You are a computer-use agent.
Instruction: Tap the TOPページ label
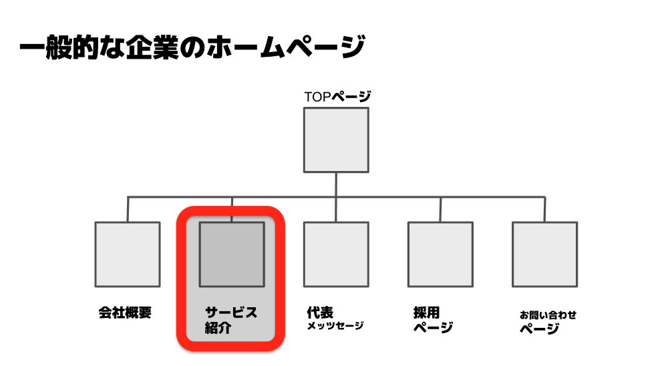[x=337, y=97]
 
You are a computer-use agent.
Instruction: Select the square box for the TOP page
[x=336, y=140]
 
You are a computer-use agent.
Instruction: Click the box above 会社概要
[x=128, y=254]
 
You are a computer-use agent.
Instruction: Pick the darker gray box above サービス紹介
[x=232, y=254]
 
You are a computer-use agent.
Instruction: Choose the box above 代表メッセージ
[x=336, y=254]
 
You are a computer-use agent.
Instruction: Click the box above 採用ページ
[x=440, y=254]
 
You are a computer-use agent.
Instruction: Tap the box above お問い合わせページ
[x=544, y=254]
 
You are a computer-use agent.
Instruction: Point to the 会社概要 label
[x=125, y=313]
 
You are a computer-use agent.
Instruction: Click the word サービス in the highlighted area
[x=231, y=313]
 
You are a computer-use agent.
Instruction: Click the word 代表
[x=320, y=313]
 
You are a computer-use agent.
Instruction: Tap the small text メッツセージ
[x=335, y=326]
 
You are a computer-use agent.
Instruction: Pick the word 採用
[x=426, y=313]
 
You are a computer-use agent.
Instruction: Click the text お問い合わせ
[x=548, y=315]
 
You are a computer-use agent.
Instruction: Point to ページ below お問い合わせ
[x=539, y=328]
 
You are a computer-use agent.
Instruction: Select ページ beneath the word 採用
[x=433, y=327]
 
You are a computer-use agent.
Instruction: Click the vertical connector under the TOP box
[x=336, y=197]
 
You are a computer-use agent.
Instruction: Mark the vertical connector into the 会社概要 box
[x=128, y=209]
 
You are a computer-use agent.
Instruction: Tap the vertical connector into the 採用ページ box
[x=440, y=209]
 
